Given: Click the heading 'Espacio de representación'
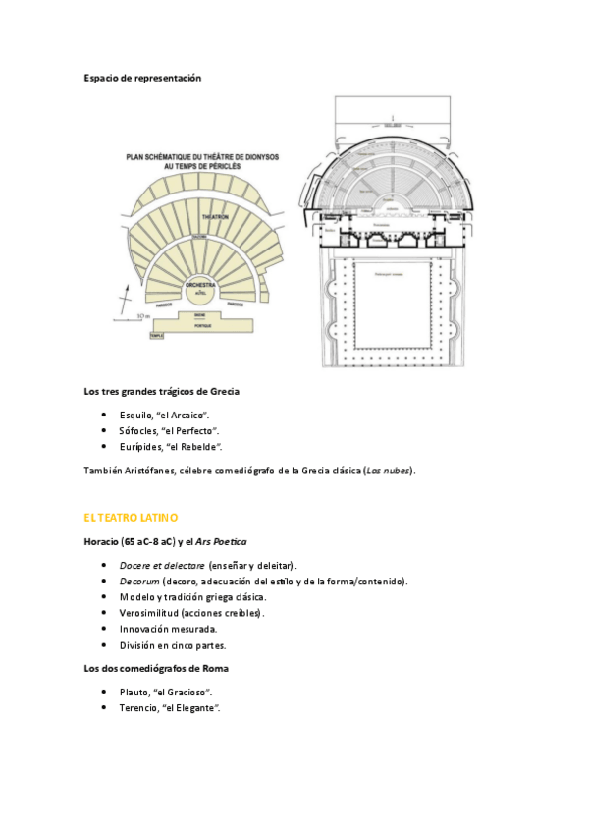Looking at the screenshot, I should pos(142,78).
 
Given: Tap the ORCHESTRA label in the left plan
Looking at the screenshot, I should pos(199,284).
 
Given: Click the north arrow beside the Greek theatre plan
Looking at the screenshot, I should pos(125,299).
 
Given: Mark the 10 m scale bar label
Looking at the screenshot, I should pos(142,315).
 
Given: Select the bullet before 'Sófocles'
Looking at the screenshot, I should pos(105,431).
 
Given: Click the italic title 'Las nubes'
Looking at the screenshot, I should pos(387,471).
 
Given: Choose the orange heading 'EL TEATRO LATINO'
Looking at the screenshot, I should pos(131,516).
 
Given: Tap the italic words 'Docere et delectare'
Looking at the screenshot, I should pos(162,566).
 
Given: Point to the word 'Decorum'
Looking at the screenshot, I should pos(139,582).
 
